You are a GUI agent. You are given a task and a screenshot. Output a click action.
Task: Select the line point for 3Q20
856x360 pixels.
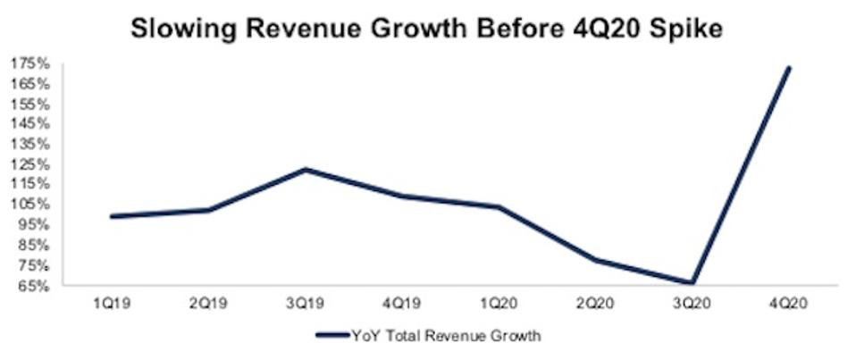(693, 283)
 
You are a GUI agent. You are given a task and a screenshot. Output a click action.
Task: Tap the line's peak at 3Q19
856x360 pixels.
(306, 169)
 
